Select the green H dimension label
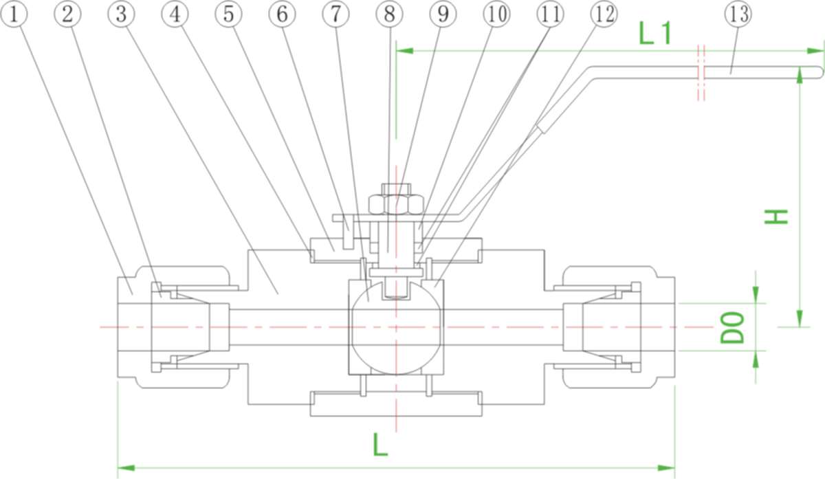pyautogui.click(x=776, y=216)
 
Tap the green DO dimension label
pyautogui.click(x=734, y=327)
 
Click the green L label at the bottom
pyautogui.click(x=380, y=445)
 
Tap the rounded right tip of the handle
pyautogui.click(x=818, y=72)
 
